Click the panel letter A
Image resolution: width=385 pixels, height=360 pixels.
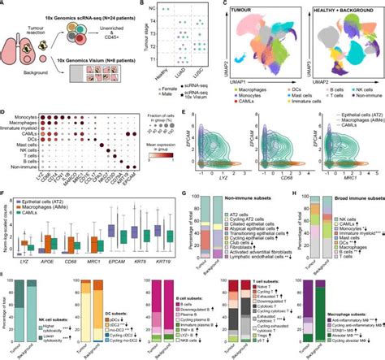click(x=4, y=4)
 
